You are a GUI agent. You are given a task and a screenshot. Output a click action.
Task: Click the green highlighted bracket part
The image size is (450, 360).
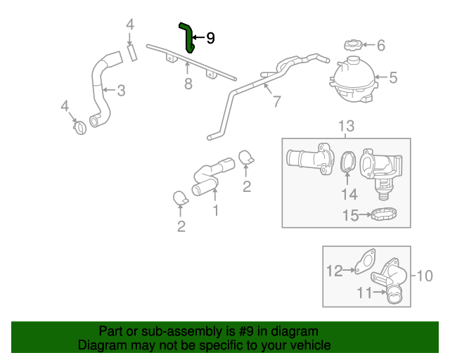click(x=188, y=37)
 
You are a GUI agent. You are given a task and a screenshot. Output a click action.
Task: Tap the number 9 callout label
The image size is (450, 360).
click(x=210, y=38)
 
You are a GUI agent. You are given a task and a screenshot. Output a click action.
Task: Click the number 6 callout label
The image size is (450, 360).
click(x=381, y=46)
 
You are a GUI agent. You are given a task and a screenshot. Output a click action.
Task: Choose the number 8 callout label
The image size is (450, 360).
click(x=188, y=84)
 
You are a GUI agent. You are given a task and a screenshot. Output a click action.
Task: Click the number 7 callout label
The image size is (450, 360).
click(x=276, y=101)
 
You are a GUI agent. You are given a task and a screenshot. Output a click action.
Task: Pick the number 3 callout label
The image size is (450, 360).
click(x=121, y=90)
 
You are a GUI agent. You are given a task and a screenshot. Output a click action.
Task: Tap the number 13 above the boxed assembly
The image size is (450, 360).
click(x=346, y=126)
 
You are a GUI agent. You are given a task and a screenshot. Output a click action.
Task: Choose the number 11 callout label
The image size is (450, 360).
click(x=364, y=293)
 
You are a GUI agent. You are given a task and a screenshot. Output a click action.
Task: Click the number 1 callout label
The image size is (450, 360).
click(x=216, y=210)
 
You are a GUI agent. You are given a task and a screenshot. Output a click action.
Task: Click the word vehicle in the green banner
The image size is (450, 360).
click(x=304, y=345)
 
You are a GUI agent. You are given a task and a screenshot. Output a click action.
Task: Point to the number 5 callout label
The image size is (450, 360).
click(x=393, y=78)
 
